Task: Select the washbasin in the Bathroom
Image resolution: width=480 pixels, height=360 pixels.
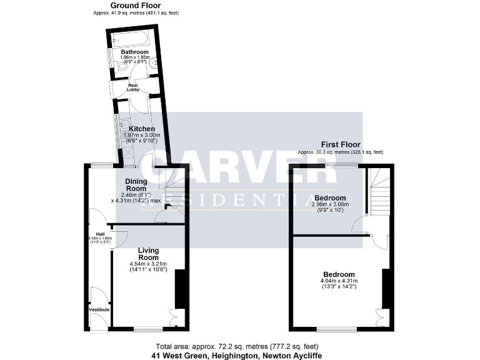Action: click(113, 61)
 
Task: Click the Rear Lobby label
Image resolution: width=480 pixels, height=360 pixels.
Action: click(134, 87)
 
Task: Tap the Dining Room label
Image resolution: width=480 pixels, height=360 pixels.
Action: click(136, 184)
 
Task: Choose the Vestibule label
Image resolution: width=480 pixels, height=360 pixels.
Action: click(99, 309)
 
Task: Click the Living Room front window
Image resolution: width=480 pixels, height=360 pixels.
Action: click(148, 329)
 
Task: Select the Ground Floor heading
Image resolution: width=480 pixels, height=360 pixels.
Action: click(135, 6)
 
